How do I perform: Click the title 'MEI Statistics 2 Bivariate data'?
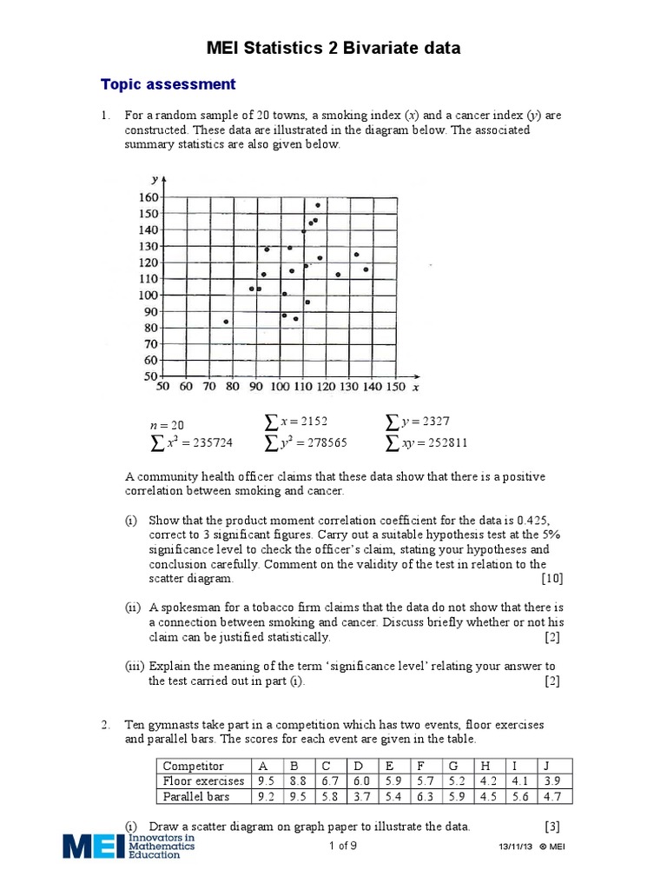pyautogui.click(x=333, y=49)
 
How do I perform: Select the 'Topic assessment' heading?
pyautogui.click(x=168, y=84)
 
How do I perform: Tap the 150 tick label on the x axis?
pyautogui.click(x=394, y=387)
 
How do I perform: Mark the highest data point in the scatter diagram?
pyautogui.click(x=318, y=205)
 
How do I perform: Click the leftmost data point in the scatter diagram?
pyautogui.click(x=226, y=322)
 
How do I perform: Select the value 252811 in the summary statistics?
pyautogui.click(x=442, y=442)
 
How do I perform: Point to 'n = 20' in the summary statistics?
pyautogui.click(x=167, y=425)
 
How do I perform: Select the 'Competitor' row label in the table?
pyautogui.click(x=194, y=766)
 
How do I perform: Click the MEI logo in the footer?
pyautogui.click(x=129, y=846)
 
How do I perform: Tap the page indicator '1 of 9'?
pyautogui.click(x=343, y=846)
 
